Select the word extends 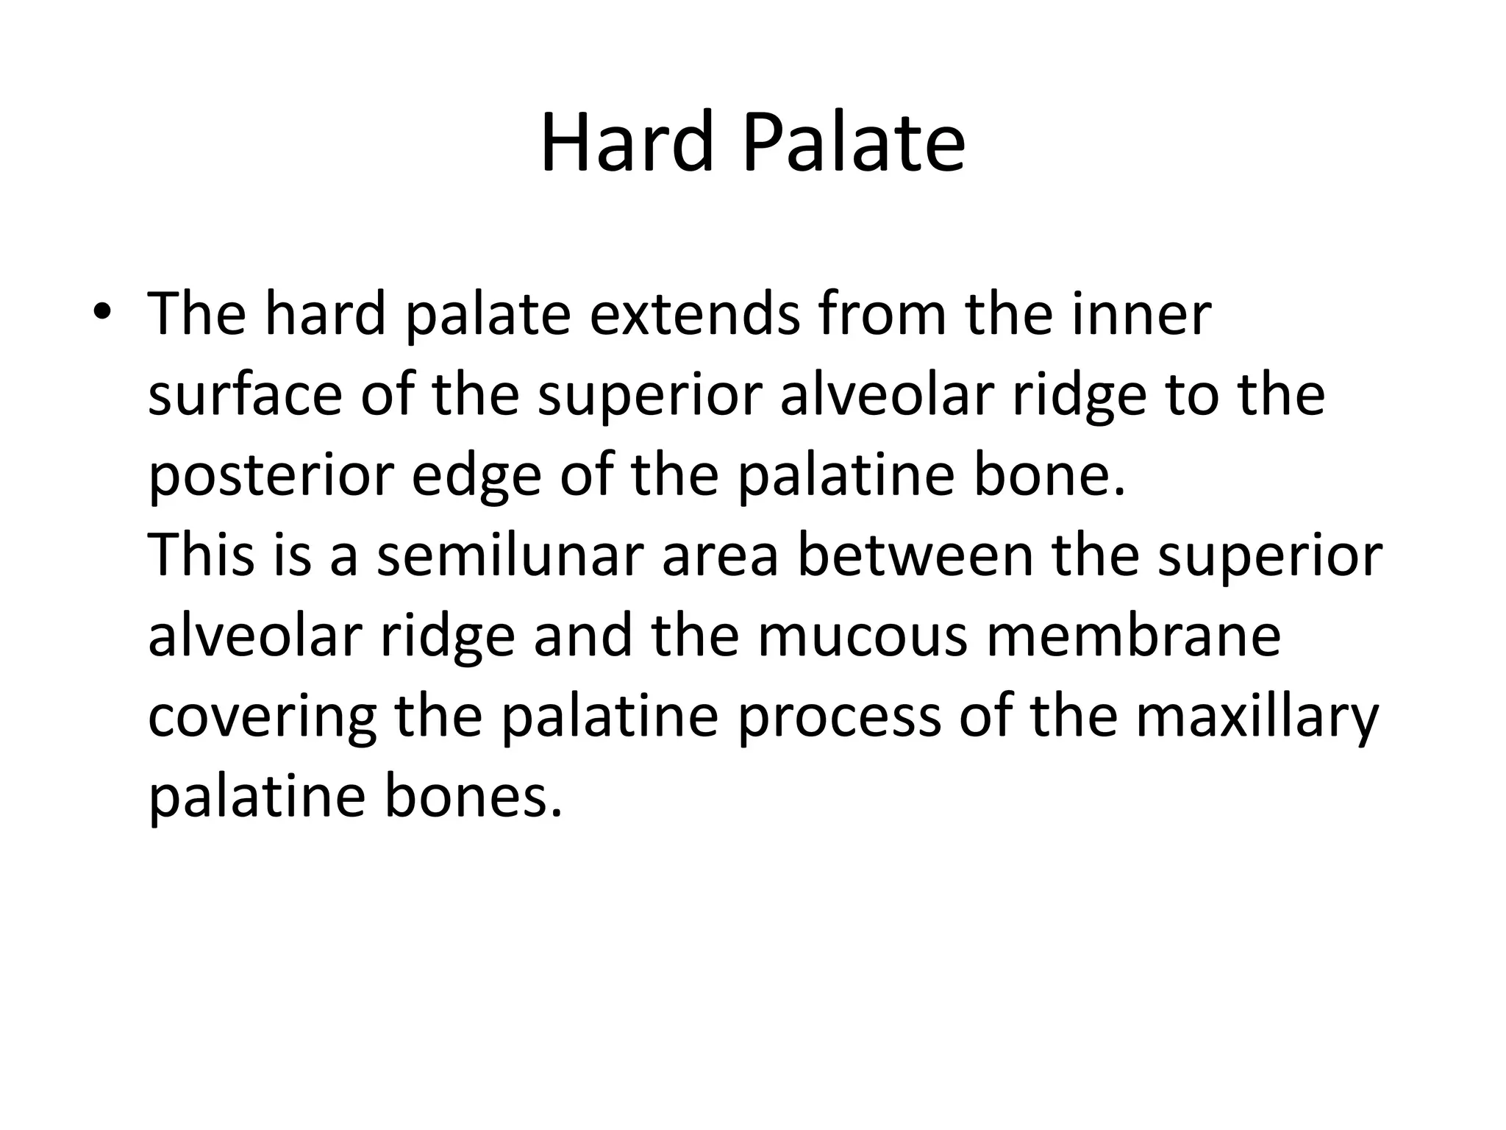695,313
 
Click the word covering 262,717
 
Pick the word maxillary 1257,717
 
